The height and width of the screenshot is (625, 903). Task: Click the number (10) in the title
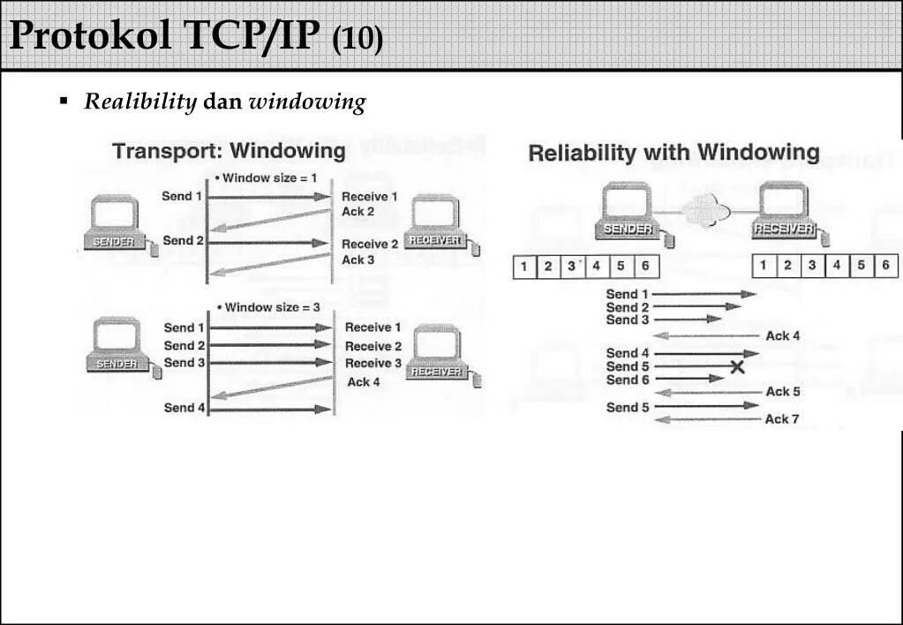click(358, 39)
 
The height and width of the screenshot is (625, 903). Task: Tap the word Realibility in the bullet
click(140, 102)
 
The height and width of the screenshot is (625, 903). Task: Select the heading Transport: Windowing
click(229, 151)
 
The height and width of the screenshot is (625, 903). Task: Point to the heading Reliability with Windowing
click(673, 153)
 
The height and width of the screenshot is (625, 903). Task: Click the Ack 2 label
click(357, 212)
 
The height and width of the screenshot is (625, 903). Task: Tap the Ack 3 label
click(357, 260)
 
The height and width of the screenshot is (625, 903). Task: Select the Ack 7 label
click(782, 419)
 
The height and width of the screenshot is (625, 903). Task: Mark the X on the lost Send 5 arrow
click(738, 367)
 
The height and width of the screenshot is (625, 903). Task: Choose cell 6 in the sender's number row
click(645, 266)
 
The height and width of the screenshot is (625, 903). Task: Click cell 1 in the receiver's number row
click(764, 266)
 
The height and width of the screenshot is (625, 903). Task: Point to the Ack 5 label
click(783, 391)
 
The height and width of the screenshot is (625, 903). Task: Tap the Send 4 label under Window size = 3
click(184, 408)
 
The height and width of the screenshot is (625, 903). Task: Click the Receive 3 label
click(372, 363)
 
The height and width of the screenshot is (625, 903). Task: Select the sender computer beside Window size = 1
click(116, 222)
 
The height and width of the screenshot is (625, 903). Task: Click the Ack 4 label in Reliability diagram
click(783, 335)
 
